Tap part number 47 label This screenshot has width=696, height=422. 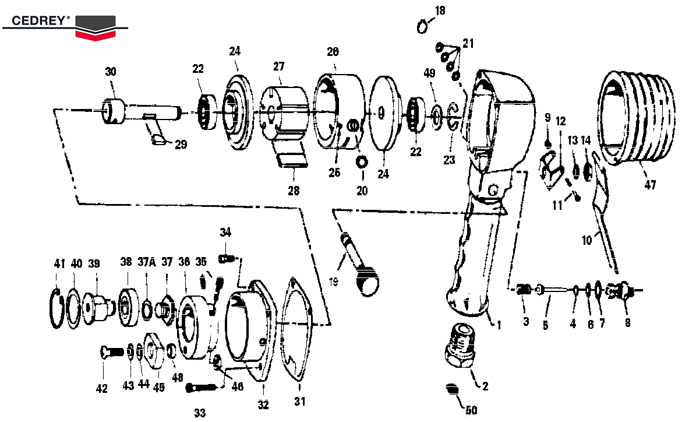coord(650,185)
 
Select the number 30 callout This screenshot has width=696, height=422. coord(111,72)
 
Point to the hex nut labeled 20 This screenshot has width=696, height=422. coord(361,161)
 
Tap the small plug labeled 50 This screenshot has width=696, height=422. coord(451,389)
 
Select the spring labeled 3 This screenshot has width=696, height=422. coord(524,289)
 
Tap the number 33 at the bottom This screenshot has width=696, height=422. coord(200,413)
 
